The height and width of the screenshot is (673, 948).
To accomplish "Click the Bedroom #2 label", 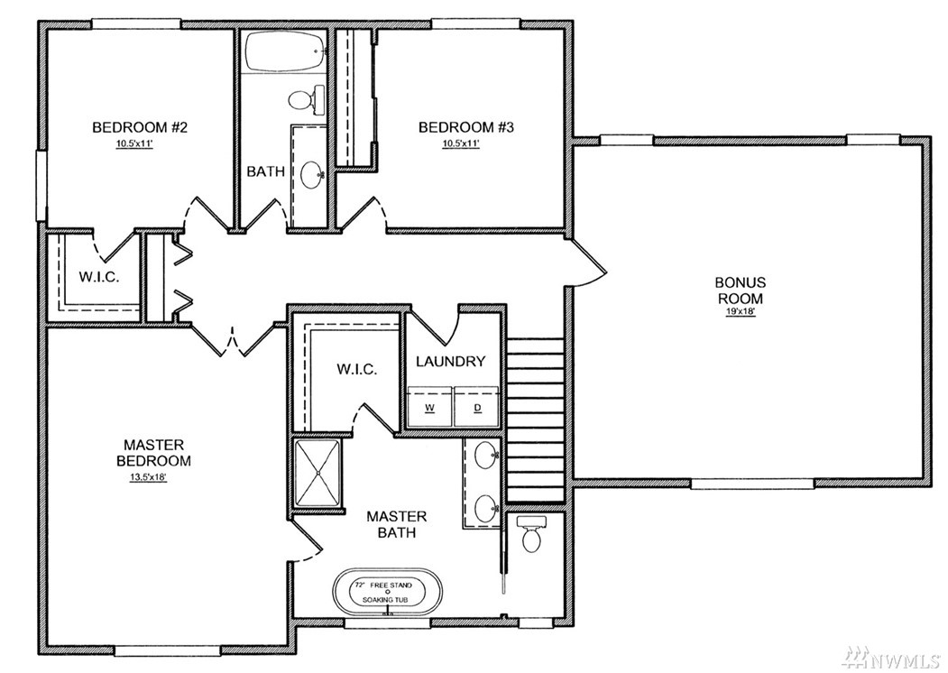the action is point(140,127).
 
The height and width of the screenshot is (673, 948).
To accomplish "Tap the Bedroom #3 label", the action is point(466,127).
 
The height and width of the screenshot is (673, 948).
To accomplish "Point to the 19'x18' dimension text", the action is point(740,314).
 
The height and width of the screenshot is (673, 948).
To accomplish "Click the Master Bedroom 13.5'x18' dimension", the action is point(148,477).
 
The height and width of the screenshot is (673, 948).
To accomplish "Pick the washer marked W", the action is point(430,406).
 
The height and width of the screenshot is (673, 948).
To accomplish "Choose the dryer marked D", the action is point(478,406).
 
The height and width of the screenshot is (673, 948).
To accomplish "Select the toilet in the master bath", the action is point(531,533).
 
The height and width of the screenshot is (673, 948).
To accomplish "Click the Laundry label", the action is point(450,362).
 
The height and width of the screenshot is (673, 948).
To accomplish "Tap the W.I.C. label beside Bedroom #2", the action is point(99,278).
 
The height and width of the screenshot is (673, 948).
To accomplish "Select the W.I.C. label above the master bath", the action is point(357,370).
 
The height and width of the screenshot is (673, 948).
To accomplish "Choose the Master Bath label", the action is point(397,524).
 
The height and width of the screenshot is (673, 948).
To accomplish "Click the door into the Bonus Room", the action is point(586,262).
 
